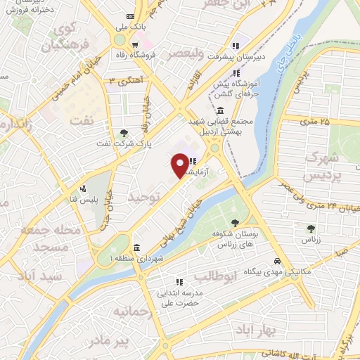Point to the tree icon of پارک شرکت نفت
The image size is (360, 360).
pos(124,132)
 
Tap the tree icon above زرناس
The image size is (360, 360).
pos(310,228)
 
